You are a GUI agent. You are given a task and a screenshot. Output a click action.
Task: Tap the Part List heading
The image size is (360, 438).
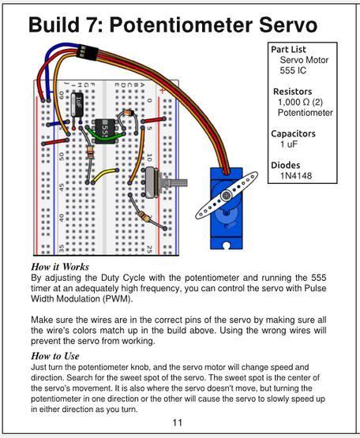click(288, 49)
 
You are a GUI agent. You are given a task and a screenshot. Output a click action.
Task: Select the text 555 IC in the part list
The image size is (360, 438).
click(294, 70)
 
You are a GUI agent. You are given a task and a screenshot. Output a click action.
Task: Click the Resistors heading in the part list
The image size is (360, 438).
click(292, 92)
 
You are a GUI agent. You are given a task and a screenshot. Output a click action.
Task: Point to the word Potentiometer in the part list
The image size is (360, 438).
click(305, 113)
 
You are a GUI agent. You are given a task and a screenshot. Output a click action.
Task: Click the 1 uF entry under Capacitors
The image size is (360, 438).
click(288, 144)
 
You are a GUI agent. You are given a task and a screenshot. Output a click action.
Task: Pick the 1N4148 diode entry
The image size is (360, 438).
click(295, 175)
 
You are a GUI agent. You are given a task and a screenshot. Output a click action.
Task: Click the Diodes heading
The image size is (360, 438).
click(286, 165)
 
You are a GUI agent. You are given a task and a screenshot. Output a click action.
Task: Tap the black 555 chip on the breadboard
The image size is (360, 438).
click(105, 127)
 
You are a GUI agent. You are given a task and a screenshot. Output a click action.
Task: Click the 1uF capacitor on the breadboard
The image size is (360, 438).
click(78, 102)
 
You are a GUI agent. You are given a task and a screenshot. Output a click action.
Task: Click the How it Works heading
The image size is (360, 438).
click(60, 268)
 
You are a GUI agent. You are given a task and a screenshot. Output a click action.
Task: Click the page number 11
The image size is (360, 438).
click(178, 422)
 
